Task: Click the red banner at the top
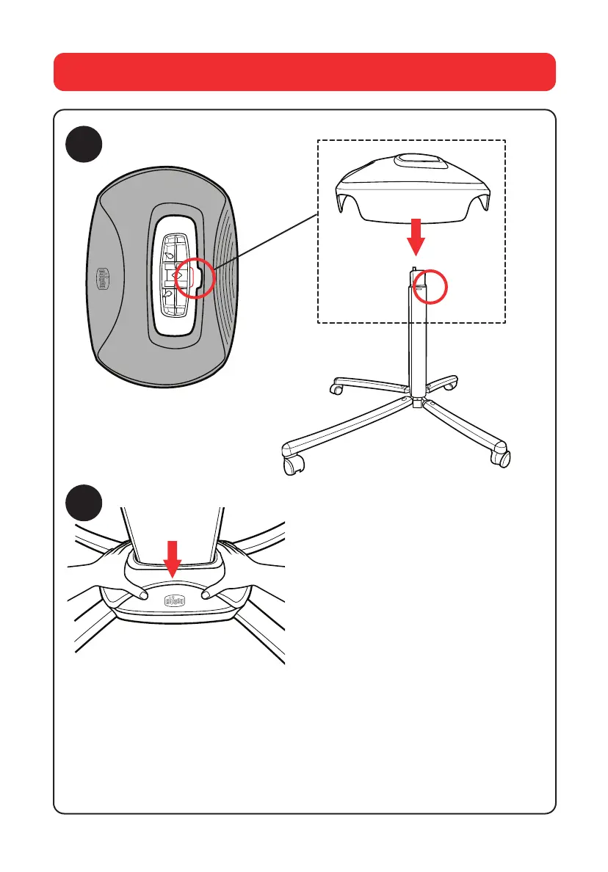tap(304, 71)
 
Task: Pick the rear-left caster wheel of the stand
tap(336, 387)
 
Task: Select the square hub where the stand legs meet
tap(417, 403)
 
